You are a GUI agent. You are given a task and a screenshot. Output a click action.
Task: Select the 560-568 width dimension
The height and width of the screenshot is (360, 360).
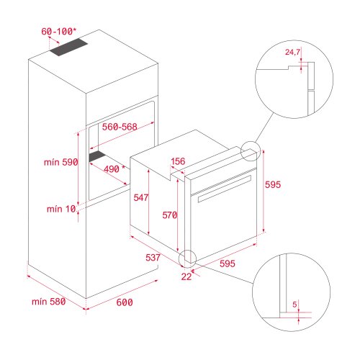120,125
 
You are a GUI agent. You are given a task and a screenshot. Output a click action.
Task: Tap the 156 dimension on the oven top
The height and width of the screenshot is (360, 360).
179,161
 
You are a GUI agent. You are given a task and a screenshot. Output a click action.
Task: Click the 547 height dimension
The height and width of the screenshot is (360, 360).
140,196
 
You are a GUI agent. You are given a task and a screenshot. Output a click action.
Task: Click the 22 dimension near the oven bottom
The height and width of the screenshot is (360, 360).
186,276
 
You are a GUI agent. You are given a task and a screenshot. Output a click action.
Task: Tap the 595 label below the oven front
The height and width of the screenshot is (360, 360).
228,264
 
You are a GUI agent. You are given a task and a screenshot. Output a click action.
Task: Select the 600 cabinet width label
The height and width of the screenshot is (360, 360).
124,302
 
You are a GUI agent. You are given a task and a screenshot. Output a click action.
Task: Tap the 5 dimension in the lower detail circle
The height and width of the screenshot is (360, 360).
295,304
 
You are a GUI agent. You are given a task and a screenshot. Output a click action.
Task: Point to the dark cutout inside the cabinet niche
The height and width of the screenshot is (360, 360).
97,156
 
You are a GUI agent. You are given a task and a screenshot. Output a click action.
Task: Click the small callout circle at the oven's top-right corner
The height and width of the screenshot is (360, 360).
251,151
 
